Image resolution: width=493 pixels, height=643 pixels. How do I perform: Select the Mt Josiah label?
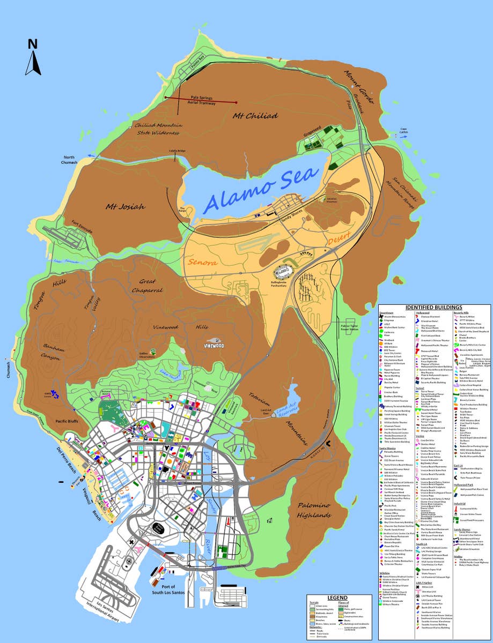click(x=125, y=206)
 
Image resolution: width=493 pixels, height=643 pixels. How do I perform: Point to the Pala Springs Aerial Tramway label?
click(x=202, y=101)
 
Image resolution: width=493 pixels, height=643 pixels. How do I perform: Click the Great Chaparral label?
click(x=148, y=286)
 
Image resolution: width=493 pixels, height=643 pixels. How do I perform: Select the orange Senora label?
click(x=202, y=263)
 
